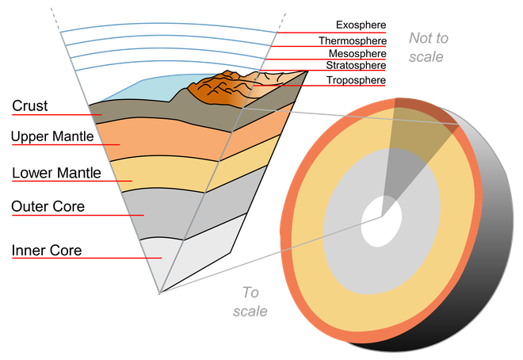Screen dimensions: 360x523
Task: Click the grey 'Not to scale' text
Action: pyautogui.click(x=427, y=47)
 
